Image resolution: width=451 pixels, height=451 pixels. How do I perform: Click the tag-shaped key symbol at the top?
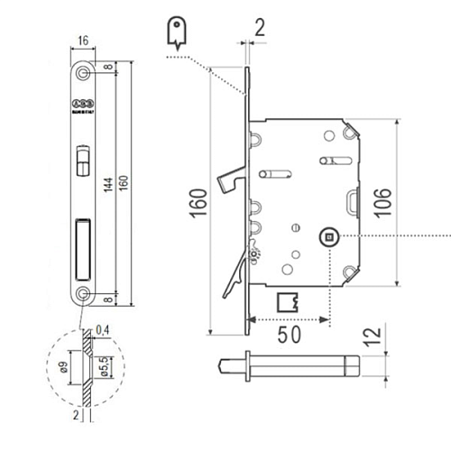pyautogui.click(x=178, y=32)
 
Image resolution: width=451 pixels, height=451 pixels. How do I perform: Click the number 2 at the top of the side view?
pyautogui.click(x=260, y=27)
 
